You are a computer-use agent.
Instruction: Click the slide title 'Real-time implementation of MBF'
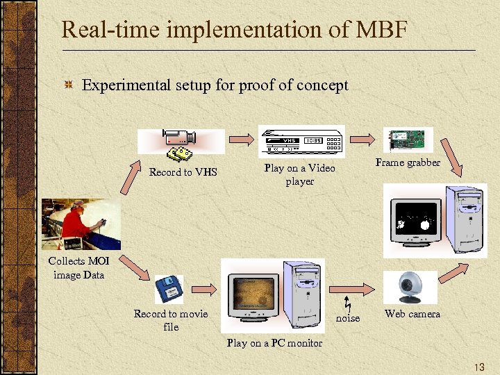pos(244,30)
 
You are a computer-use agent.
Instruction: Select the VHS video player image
pos(301,142)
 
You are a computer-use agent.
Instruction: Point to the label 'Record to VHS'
pos(183,172)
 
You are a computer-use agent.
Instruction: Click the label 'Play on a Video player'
pos(299,174)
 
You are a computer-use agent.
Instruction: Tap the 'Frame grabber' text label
pos(408,162)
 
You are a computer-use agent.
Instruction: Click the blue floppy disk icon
pos(169,288)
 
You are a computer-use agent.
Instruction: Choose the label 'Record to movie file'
pos(171,320)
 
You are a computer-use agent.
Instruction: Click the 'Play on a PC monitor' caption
pos(274,343)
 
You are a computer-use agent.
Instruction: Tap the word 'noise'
pos(348,318)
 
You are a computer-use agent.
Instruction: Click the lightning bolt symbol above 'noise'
pos(348,304)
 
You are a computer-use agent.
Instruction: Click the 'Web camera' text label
pos(412,314)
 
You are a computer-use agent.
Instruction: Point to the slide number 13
pos(478,366)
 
